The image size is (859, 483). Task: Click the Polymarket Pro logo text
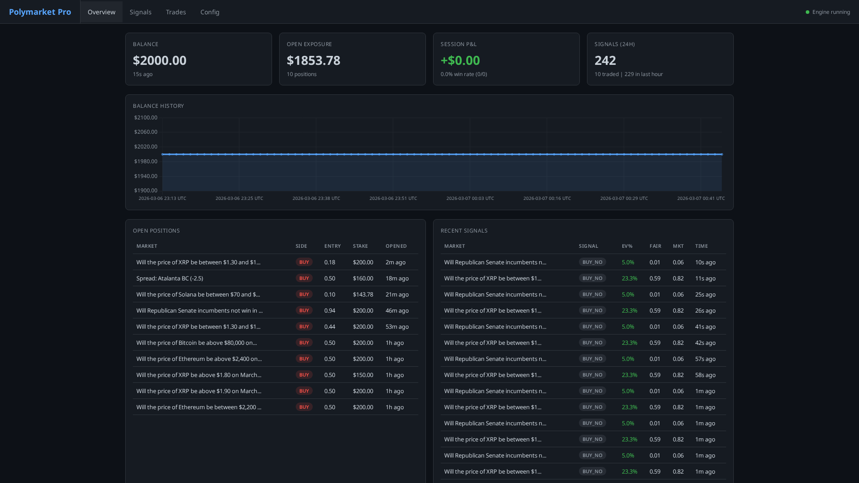40,12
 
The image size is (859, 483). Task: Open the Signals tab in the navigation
140,12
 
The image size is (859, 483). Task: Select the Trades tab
176,12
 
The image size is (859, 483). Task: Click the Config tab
210,12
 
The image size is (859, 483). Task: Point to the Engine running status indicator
828,12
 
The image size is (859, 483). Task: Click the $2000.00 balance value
160,60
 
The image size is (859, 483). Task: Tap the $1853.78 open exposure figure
314,60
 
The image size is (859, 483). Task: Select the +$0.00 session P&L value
460,60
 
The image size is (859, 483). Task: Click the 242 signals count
605,60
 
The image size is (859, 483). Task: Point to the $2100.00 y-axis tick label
146,118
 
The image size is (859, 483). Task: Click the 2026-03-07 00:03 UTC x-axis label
470,198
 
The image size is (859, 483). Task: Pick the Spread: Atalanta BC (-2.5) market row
170,278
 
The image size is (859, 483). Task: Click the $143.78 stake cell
363,294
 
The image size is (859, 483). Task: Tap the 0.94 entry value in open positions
330,310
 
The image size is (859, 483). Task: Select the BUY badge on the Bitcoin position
304,343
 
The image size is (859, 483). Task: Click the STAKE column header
360,246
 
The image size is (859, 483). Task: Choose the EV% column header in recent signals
627,246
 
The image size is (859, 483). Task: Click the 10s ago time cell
706,262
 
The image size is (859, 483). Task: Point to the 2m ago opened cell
395,262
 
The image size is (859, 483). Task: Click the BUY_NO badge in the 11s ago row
592,278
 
